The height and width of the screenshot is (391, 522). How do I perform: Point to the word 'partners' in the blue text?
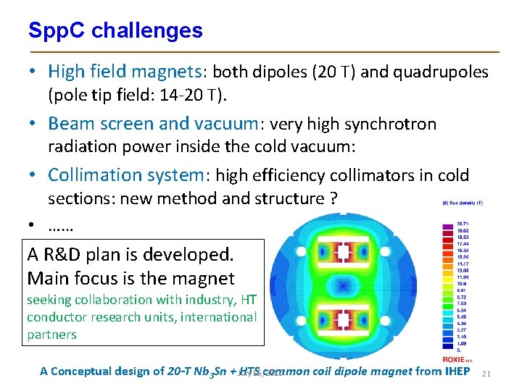pos(51,335)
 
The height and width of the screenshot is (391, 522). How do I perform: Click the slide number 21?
pos(486,373)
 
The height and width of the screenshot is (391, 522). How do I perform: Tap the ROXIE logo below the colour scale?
pos(455,360)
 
